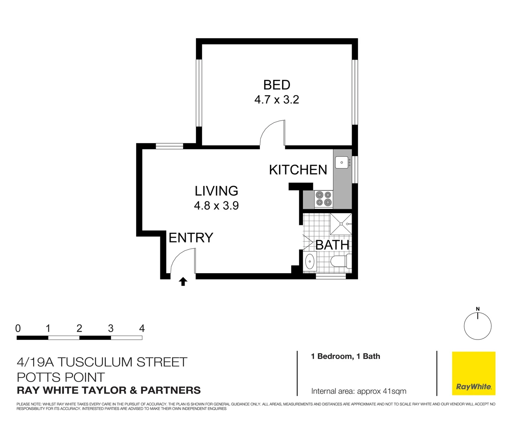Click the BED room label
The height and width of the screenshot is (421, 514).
pyautogui.click(x=276, y=85)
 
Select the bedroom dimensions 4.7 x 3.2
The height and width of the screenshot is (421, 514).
pyautogui.click(x=276, y=100)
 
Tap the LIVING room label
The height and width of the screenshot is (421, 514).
pyautogui.click(x=216, y=191)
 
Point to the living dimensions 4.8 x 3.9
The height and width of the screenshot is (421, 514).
pyautogui.click(x=216, y=205)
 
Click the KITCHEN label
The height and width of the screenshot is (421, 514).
pyautogui.click(x=298, y=170)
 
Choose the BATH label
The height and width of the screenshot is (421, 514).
pyautogui.click(x=332, y=245)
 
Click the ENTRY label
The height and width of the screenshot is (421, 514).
pyautogui.click(x=191, y=238)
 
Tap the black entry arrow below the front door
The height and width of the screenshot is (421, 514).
pyautogui.click(x=183, y=281)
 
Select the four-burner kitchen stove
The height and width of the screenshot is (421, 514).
pyautogui.click(x=323, y=198)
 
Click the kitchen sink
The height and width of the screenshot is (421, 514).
pyautogui.click(x=342, y=162)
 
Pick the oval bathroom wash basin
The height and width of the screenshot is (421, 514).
pyautogui.click(x=310, y=262)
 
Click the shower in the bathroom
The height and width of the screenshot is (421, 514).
pyautogui.click(x=341, y=224)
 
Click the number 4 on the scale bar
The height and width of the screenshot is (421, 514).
pyautogui.click(x=142, y=329)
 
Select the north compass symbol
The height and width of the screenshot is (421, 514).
pyautogui.click(x=477, y=325)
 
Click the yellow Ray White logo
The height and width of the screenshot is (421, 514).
pyautogui.click(x=473, y=373)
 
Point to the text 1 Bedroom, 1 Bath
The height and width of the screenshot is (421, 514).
pyautogui.click(x=345, y=356)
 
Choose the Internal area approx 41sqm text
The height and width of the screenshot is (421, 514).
pyautogui.click(x=358, y=391)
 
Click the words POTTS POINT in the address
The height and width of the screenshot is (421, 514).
pyautogui.click(x=61, y=377)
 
